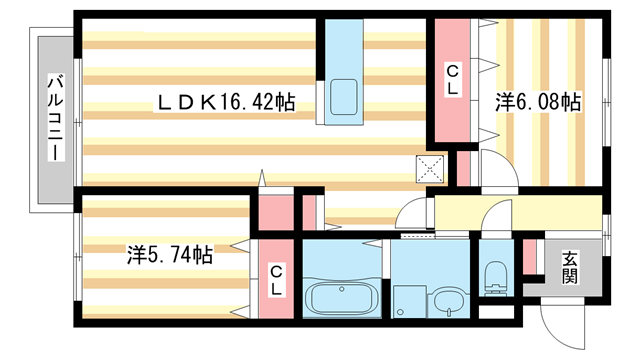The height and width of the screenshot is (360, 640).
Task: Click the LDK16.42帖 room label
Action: click(224, 101)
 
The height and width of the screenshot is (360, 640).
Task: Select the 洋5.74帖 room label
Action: click(168, 254)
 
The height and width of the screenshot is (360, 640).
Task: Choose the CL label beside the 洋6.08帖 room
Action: click(452, 80)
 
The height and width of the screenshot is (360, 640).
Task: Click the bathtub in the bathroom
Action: click(343, 299)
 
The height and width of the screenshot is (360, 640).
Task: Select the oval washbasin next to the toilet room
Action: click(446, 302)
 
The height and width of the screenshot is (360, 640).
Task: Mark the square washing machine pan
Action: click(407, 299)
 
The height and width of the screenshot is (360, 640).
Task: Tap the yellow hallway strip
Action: click(520, 212)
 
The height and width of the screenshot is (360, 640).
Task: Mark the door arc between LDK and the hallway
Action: click(410, 212)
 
